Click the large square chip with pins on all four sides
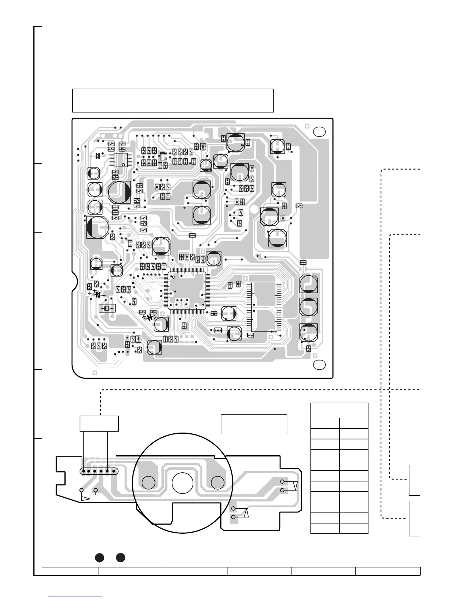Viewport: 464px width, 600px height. pyautogui.click(x=186, y=291)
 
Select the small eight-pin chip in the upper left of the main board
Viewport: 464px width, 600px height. pyautogui.click(x=121, y=159)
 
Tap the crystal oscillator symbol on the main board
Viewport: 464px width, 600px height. pyautogui.click(x=107, y=308)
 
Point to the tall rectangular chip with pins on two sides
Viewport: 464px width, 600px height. pyautogui.click(x=265, y=307)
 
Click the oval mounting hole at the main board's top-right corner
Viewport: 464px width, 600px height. pyautogui.click(x=320, y=131)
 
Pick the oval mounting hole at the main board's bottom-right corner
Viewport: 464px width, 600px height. pyautogui.click(x=320, y=364)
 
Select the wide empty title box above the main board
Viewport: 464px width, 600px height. pyautogui.click(x=173, y=100)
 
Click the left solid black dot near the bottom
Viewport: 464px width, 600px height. pyautogui.click(x=99, y=557)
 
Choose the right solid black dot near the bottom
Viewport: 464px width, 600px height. pyautogui.click(x=121, y=557)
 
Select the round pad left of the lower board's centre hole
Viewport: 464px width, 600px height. pyautogui.click(x=148, y=483)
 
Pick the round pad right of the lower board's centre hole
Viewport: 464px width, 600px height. pyautogui.click(x=217, y=483)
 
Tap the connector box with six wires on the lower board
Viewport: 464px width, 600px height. pyautogui.click(x=99, y=423)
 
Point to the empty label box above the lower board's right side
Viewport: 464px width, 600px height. pyautogui.click(x=254, y=424)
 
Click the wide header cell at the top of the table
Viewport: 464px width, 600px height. pyautogui.click(x=339, y=410)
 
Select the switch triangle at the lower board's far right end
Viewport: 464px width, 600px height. pyautogui.click(x=295, y=486)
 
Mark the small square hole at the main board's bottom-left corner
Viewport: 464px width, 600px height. pyautogui.click(x=95, y=372)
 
